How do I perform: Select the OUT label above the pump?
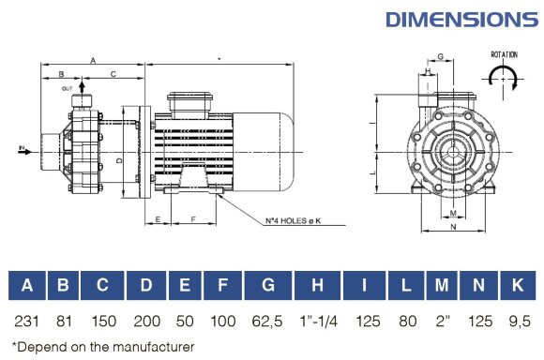[68, 88]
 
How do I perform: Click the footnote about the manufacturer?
[103, 347]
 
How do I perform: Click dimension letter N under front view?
[453, 227]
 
